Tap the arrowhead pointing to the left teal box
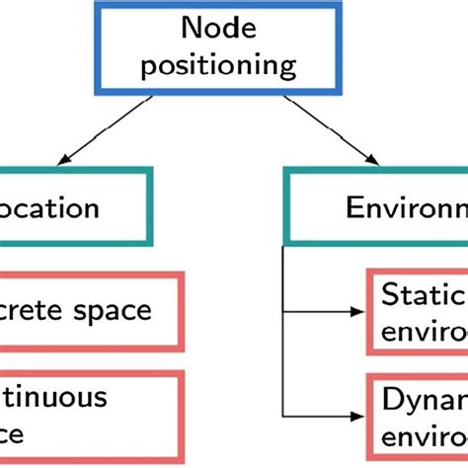pos(66,158)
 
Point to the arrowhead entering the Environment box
pos(376,158)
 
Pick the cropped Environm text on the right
pos(406,208)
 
